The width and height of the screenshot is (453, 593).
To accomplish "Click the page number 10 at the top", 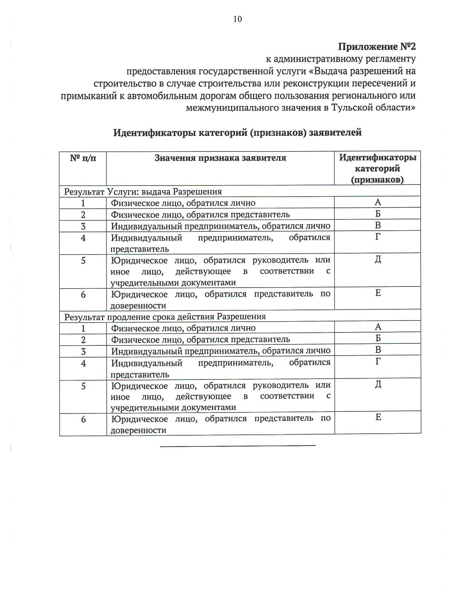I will [x=237, y=19].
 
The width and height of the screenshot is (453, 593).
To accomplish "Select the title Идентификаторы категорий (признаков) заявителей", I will [x=237, y=133].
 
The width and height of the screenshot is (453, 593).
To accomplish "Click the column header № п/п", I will [x=83, y=158].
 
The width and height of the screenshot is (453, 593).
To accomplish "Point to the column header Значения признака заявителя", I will [x=220, y=158].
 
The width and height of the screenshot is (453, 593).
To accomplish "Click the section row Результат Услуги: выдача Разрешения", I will [x=143, y=191].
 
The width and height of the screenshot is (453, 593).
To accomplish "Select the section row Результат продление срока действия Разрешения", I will [x=165, y=316].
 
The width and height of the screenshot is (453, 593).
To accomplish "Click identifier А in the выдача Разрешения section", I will [x=378, y=202].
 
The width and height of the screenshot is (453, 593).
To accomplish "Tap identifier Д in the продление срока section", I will [x=378, y=384].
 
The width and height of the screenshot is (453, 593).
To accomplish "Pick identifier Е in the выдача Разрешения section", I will [x=378, y=293].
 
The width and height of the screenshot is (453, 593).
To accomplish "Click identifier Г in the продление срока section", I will [x=378, y=361].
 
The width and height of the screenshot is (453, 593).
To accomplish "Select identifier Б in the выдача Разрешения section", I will [x=378, y=214].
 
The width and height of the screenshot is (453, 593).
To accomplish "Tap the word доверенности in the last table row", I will [x=139, y=430].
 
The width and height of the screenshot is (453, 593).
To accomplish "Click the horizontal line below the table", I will [x=237, y=446].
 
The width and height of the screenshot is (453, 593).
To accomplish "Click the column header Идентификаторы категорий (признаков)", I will [x=377, y=168].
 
